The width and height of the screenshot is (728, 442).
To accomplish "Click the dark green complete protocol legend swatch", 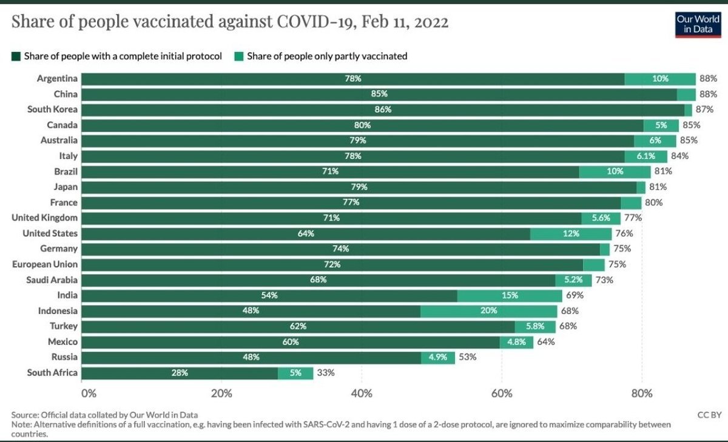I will point(16,56).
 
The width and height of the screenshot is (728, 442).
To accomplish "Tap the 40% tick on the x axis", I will point(362,393).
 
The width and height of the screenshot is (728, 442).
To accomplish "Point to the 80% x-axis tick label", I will point(641,393).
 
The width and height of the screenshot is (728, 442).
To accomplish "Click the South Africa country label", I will point(52,372).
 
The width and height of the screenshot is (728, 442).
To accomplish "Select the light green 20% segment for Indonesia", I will point(488,310).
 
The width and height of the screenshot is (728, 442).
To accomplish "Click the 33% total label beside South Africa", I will point(326,372).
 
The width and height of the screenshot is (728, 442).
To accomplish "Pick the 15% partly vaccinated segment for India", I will point(510,295).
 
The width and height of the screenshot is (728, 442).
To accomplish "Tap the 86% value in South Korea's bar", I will point(383,110).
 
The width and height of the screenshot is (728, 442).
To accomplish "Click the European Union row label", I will point(45,264).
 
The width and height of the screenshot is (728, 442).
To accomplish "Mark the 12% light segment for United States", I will point(570,233).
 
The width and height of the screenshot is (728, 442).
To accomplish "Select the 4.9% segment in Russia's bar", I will point(437,357).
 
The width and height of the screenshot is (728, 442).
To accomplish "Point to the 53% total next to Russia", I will point(467,357).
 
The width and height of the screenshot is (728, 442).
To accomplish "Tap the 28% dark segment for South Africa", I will point(180,372).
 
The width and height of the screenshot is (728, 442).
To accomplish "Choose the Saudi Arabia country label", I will point(52,280).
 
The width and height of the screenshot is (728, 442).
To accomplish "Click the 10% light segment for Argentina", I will point(660,79).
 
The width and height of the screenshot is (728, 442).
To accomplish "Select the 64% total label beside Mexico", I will point(545,341).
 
